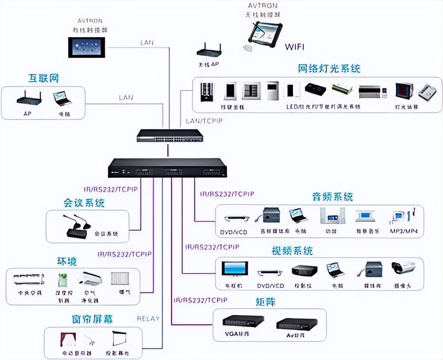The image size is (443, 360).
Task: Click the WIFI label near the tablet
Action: (x=295, y=46)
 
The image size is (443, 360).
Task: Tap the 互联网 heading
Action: (x=44, y=79)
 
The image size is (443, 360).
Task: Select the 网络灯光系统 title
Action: (x=329, y=69)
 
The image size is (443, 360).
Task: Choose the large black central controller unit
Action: (x=167, y=168)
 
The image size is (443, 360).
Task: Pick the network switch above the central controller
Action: (x=170, y=135)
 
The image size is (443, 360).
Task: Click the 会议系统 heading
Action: (x=84, y=203)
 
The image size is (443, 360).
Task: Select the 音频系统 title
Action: (x=332, y=196)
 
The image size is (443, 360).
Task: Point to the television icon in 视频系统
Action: (x=235, y=269)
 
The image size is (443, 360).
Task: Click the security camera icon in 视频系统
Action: (x=403, y=268)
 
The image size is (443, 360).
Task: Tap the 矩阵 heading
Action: (x=265, y=302)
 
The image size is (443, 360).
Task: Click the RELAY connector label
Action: (x=148, y=318)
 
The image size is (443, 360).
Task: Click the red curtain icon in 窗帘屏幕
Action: (x=68, y=339)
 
